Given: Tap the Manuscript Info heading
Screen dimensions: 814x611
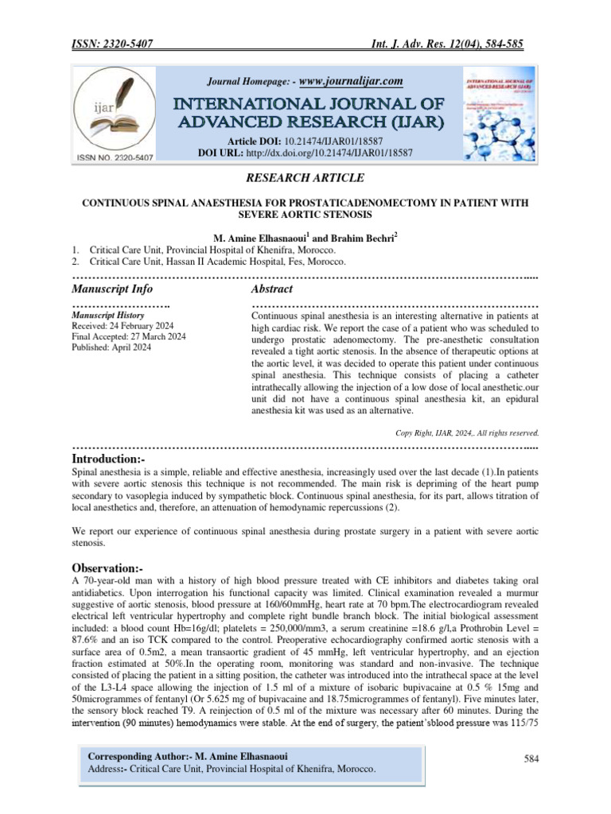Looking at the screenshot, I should (x=112, y=289).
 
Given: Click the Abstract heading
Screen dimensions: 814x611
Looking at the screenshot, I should (x=272, y=289).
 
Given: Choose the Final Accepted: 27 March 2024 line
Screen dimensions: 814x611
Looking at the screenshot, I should (x=129, y=337).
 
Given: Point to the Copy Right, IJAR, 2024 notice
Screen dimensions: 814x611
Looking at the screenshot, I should (x=467, y=433).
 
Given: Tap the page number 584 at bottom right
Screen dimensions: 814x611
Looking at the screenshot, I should (x=531, y=759).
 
